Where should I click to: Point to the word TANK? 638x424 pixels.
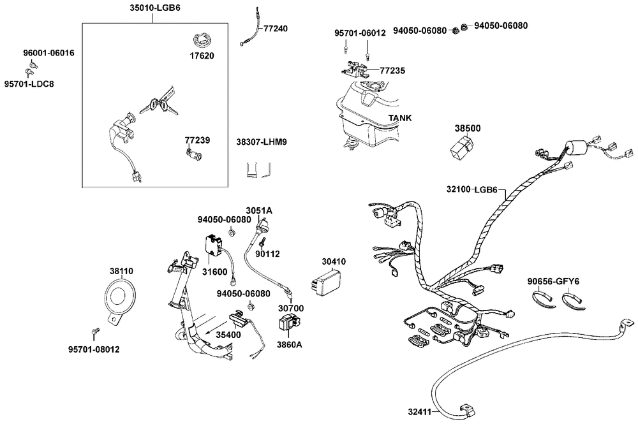point(400,118)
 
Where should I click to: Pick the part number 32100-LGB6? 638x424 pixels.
point(472,190)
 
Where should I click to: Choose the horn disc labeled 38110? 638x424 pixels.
point(119,298)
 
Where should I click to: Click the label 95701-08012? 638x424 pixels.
point(94,349)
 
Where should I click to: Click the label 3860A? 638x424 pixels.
point(289,344)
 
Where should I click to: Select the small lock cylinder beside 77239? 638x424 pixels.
point(192,153)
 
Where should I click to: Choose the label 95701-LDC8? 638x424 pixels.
point(29,84)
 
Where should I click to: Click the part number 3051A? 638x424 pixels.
point(259,210)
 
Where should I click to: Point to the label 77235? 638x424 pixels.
point(392,70)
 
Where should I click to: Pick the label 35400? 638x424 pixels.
point(228,334)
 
